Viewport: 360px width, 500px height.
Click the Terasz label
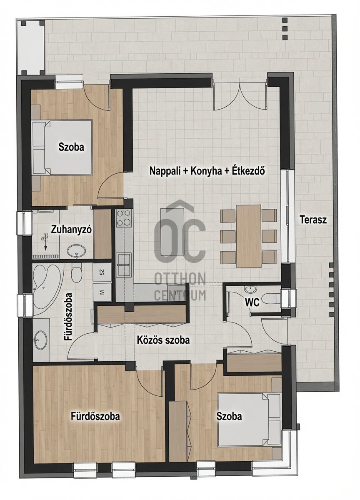point(313,220)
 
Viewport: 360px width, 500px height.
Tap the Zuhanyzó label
point(71,230)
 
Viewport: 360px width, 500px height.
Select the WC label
point(252,303)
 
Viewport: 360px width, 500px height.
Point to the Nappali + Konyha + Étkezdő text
point(207,171)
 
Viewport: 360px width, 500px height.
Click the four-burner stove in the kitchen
point(123,218)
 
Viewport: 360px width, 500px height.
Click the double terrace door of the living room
point(240,96)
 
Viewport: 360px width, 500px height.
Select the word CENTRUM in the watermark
point(180,295)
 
